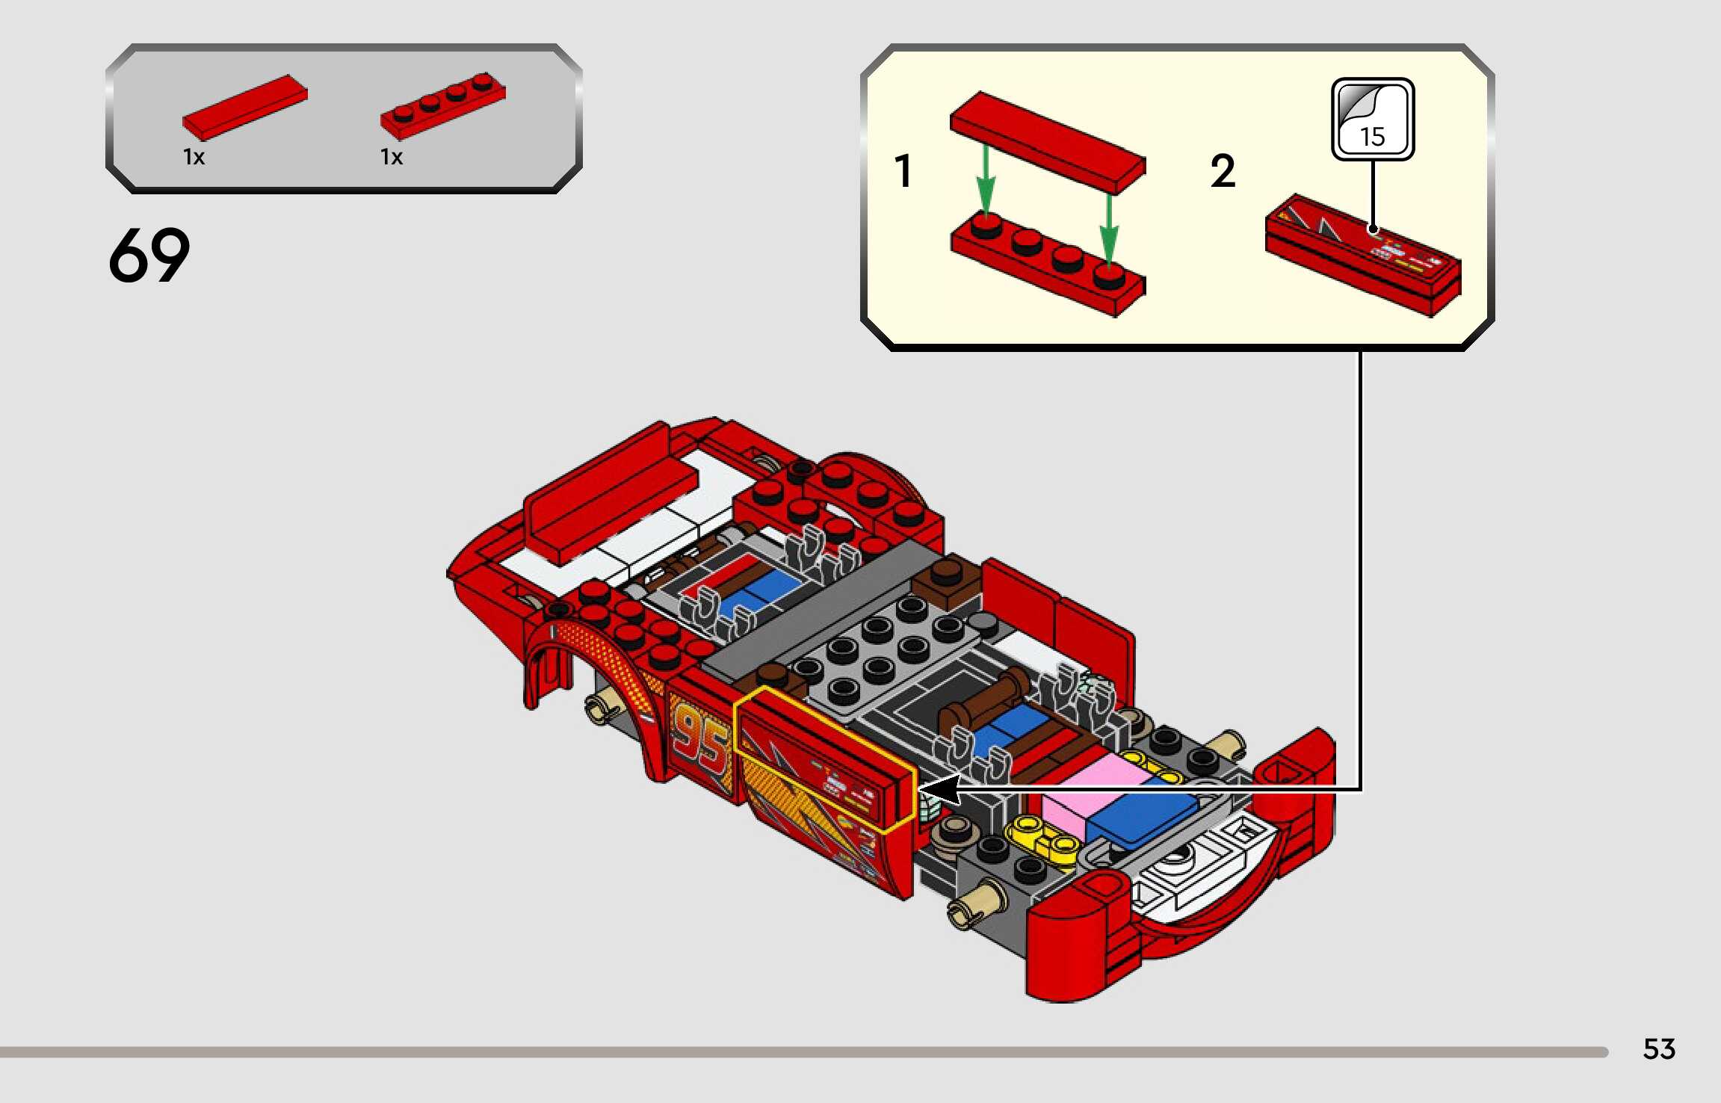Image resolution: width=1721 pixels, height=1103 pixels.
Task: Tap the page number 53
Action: coord(1659,1049)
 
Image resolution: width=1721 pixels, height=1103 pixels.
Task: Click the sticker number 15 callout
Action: coord(1373,119)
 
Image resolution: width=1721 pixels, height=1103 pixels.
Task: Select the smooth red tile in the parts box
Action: coord(245,107)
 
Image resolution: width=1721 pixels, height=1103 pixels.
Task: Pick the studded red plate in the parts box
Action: coord(443,105)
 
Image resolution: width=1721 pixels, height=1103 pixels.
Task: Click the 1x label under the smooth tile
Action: coord(194,157)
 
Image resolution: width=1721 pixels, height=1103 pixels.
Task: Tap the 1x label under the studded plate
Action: coord(392,157)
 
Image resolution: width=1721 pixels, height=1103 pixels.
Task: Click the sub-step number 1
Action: coord(903,170)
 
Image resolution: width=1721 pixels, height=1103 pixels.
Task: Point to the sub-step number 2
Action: coord(1223,170)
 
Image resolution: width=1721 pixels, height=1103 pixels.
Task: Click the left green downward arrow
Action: coord(986,180)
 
